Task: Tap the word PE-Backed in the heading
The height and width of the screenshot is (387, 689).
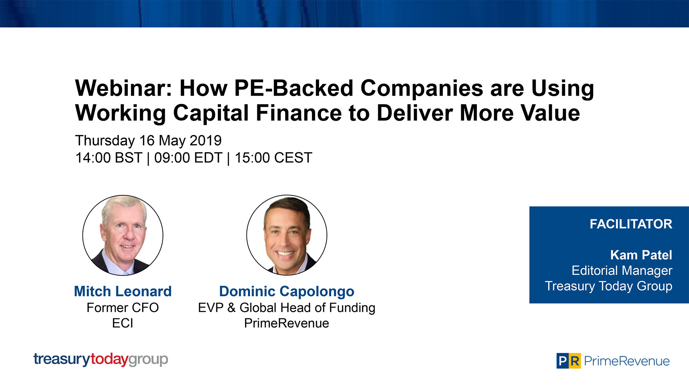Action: [294, 88]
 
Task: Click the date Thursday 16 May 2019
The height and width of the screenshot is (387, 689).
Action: [148, 140]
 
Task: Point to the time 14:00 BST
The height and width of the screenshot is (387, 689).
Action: [109, 158]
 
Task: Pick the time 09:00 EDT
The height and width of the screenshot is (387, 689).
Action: [188, 158]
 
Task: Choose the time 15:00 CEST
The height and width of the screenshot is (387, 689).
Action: [273, 158]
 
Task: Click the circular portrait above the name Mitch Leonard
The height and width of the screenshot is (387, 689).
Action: [123, 235]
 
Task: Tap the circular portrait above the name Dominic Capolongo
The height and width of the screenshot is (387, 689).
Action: [287, 235]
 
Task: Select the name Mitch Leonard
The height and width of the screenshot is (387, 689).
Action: [123, 291]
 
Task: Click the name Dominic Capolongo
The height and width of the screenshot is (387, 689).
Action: [287, 291]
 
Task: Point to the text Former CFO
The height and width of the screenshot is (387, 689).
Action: [123, 307]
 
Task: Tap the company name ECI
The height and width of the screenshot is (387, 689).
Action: [123, 323]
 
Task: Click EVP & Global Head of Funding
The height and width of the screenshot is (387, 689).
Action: [287, 307]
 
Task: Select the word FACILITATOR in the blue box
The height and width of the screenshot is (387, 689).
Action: [631, 224]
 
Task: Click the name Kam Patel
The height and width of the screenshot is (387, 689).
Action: [641, 255]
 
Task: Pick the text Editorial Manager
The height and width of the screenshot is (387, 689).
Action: [622, 271]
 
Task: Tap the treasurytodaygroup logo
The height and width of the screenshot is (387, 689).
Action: [100, 359]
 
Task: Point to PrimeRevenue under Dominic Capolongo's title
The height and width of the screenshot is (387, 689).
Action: [287, 323]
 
